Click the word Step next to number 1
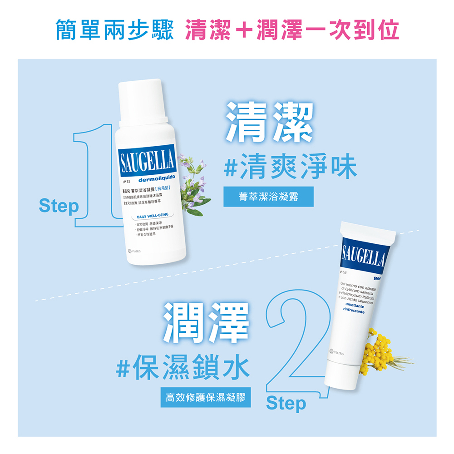click(59, 206)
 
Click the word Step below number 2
click(286, 403)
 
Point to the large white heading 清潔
click(270, 122)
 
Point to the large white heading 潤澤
click(206, 322)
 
